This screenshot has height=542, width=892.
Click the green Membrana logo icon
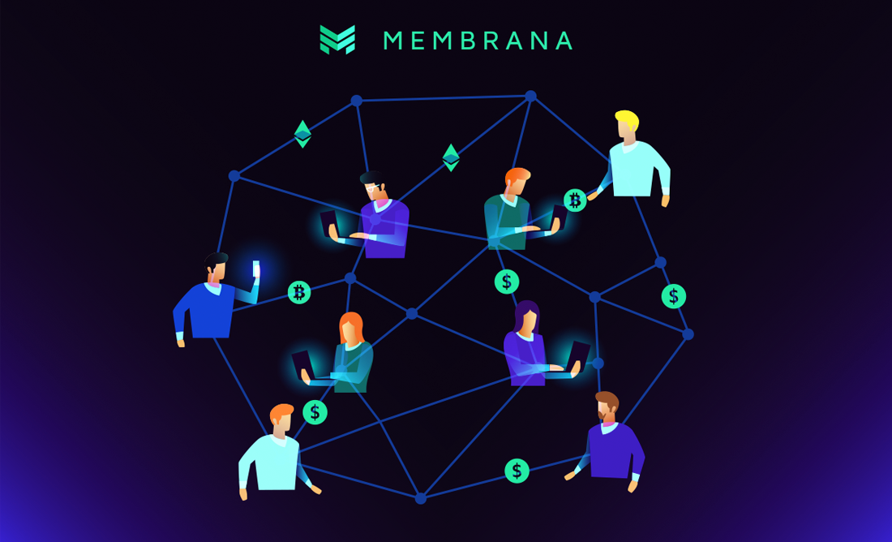pos(337,39)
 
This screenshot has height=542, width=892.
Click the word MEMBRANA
pos(478,41)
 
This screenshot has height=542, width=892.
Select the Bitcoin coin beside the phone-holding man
pos(299,292)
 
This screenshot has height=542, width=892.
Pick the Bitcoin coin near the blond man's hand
pos(575,200)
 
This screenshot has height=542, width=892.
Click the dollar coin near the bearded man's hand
pos(517,471)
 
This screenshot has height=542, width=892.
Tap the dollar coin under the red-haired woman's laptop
pos(315,412)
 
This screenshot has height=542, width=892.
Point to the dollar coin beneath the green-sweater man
pos(507,282)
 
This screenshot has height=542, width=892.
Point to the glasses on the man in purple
pos(371,187)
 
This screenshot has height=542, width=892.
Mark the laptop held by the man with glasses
pos(328,222)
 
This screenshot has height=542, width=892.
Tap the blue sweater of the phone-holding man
pos(207,312)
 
